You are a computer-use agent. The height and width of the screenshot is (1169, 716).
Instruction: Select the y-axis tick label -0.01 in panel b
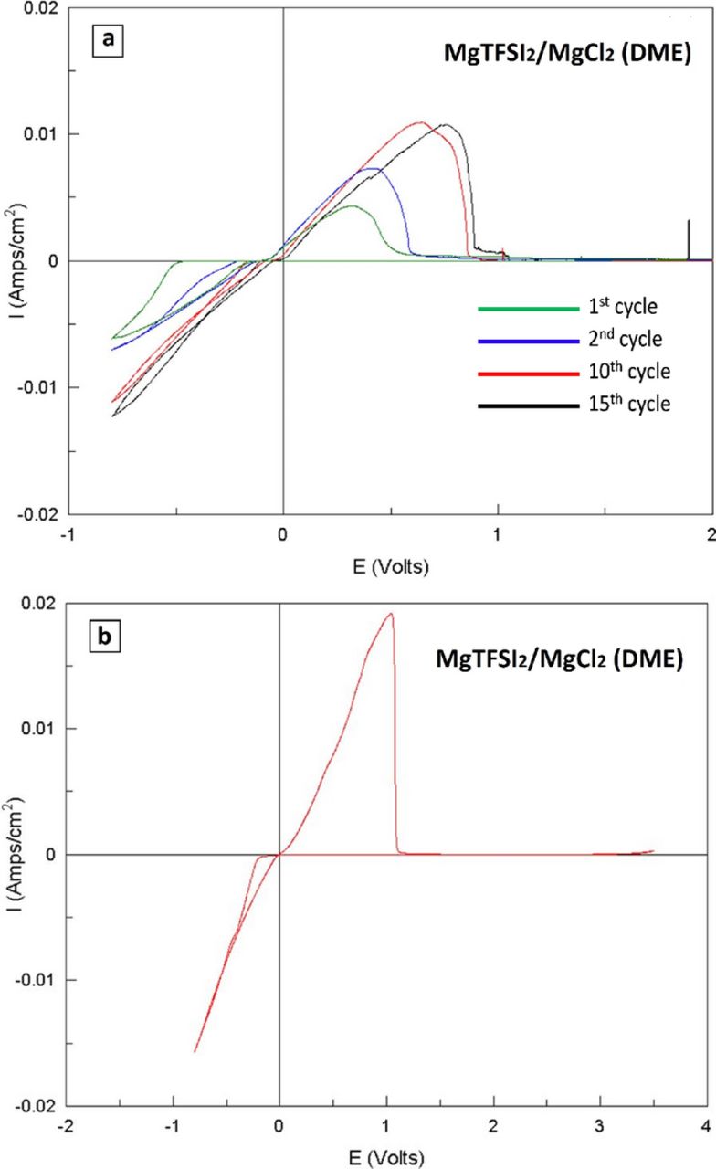point(36,980)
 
